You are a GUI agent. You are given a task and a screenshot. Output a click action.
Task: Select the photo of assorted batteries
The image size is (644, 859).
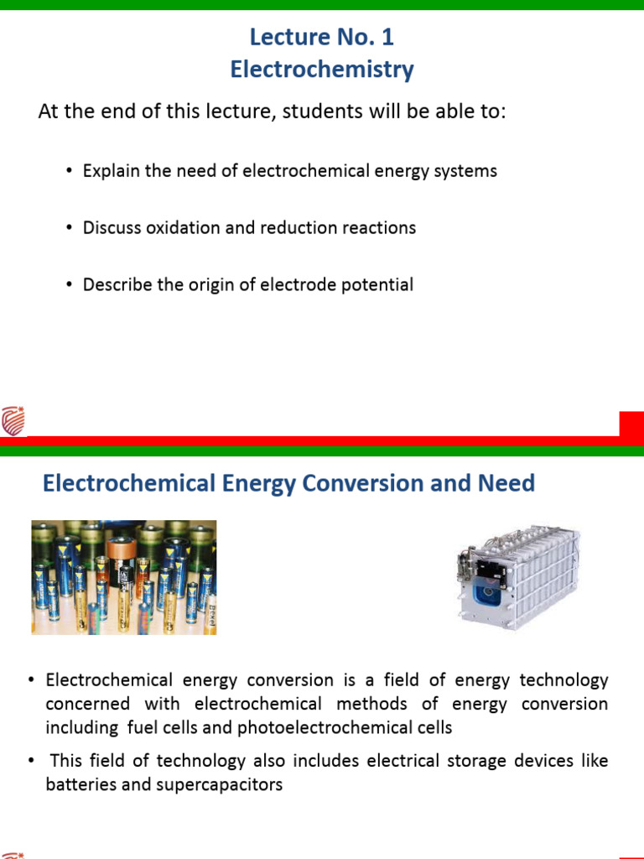(x=124, y=577)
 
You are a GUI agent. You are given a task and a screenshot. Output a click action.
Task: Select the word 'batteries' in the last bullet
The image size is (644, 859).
(x=79, y=785)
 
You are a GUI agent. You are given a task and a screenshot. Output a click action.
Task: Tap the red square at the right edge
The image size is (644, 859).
(x=631, y=424)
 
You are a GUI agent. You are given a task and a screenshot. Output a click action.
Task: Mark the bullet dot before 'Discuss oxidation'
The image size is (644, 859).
(x=69, y=228)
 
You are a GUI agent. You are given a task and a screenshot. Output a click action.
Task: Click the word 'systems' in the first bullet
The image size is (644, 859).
(x=466, y=171)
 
